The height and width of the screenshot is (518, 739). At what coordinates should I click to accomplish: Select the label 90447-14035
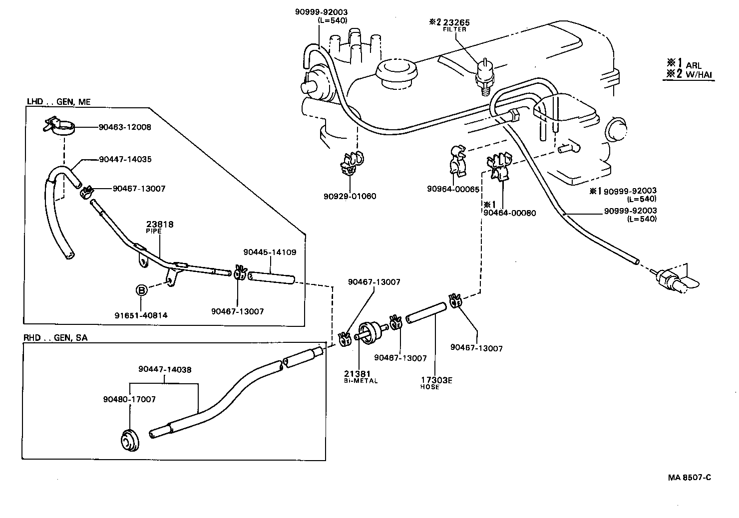point(125,160)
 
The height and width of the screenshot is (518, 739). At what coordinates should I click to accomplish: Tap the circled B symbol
point(141,290)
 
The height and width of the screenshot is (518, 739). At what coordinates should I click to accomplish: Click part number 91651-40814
point(141,315)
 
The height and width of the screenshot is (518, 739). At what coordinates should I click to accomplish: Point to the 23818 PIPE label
point(160,228)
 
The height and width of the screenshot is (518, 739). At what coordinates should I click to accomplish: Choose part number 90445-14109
point(270,252)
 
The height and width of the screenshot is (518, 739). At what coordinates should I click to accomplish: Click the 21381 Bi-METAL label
point(361,377)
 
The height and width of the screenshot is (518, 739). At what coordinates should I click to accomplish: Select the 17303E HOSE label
point(436,383)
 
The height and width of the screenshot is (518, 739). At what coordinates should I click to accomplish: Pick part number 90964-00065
point(453,189)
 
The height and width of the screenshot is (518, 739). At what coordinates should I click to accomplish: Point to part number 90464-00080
point(509,213)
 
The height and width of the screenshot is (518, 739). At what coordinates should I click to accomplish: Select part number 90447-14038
point(165,370)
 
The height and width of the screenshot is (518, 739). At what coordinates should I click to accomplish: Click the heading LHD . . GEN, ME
point(58,102)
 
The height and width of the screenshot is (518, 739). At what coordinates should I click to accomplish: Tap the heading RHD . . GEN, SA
point(55,338)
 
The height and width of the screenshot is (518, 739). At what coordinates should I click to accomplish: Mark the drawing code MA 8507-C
point(689,477)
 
